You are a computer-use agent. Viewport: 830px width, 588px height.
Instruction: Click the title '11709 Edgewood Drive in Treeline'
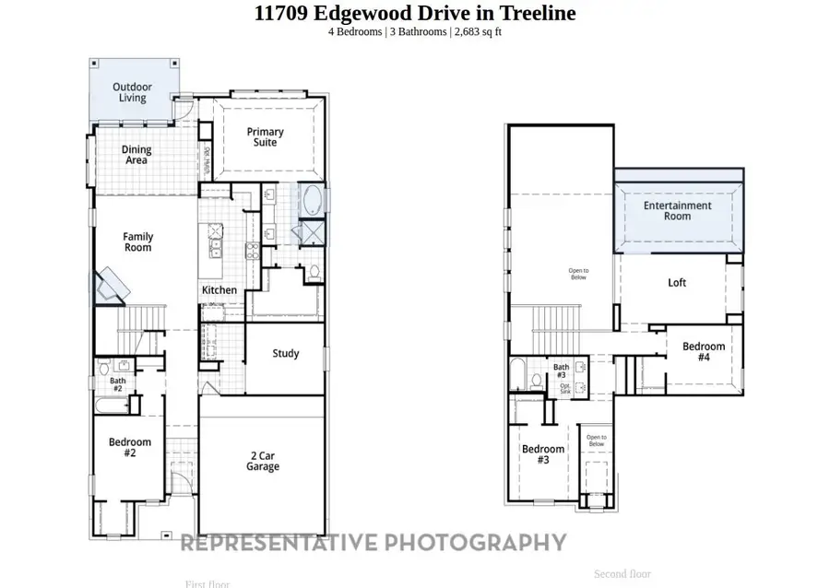(x=415, y=13)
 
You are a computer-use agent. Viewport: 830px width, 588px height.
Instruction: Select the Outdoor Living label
(x=132, y=92)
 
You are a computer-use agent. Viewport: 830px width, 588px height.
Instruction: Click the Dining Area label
(x=136, y=155)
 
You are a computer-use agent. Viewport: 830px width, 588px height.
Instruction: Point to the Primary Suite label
(x=265, y=137)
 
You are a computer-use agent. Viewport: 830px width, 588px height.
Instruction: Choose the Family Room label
(x=137, y=241)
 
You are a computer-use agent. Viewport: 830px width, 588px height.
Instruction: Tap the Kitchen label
(x=219, y=290)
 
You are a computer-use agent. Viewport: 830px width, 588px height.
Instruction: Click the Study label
(x=285, y=353)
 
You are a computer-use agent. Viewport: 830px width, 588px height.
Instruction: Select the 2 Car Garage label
(x=263, y=461)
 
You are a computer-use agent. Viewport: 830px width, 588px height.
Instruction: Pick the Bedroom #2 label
(x=129, y=448)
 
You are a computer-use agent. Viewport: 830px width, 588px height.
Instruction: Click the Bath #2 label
(x=118, y=384)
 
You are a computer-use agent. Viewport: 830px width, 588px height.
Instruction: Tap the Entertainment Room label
(x=677, y=211)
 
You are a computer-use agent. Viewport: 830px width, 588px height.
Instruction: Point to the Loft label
(x=677, y=283)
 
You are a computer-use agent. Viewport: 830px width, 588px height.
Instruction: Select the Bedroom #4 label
(x=703, y=352)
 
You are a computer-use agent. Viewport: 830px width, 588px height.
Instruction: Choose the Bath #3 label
(x=561, y=371)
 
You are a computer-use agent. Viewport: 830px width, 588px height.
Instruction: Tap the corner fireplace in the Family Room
(x=112, y=286)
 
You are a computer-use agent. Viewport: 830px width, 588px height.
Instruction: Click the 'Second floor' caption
(x=622, y=573)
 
